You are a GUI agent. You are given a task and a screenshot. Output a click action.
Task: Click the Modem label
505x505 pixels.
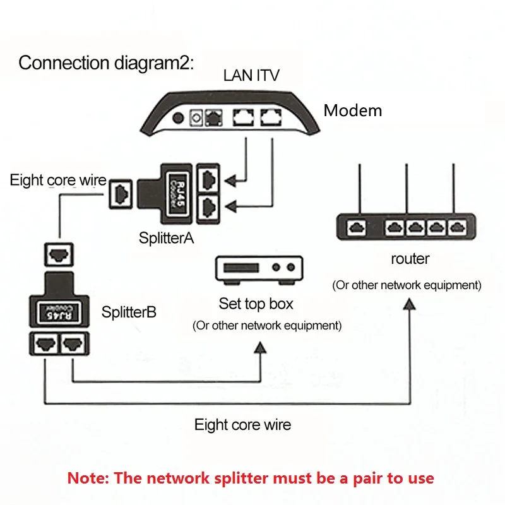[x=353, y=110]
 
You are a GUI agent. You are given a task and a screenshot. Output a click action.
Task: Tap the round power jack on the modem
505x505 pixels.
[x=178, y=118]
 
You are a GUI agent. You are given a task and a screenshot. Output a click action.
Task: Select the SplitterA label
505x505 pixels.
[x=166, y=238]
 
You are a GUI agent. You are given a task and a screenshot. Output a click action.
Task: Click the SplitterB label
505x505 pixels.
[x=129, y=312]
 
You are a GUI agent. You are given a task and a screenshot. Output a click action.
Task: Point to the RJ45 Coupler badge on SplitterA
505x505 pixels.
[x=178, y=193]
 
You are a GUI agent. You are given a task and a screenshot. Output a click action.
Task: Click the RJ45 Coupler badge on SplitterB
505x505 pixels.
[x=59, y=312]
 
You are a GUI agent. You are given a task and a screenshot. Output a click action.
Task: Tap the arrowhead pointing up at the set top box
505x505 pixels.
[x=260, y=348]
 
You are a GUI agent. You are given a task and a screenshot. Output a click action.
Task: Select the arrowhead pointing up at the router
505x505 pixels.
[x=410, y=304]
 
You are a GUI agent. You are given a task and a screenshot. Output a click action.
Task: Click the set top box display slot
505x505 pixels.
[x=241, y=268]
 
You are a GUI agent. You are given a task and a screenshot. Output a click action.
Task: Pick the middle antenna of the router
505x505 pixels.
[x=407, y=188]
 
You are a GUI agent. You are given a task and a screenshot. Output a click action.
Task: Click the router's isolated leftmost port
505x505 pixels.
[x=356, y=228]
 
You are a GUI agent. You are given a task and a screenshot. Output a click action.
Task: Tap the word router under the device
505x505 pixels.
[x=410, y=259]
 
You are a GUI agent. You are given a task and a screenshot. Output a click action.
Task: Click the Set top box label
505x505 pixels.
[x=256, y=304]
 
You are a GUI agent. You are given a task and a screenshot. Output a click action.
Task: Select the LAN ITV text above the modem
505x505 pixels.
[x=251, y=76]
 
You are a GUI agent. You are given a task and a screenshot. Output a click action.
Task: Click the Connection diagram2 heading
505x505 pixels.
[x=106, y=62]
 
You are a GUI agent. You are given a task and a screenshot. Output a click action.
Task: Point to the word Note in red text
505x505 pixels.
[x=88, y=478]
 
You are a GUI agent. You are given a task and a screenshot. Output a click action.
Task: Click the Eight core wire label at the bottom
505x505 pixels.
[x=242, y=424]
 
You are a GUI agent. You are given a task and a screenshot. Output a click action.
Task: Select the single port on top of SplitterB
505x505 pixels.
[x=59, y=254]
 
